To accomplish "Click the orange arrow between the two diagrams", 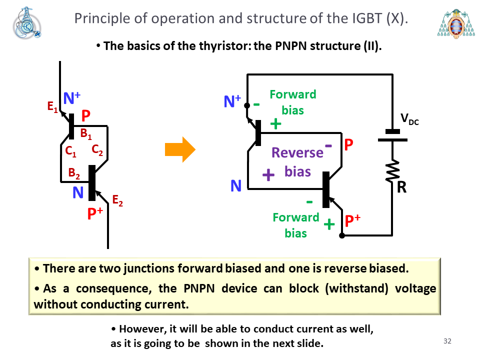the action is [x=180, y=149].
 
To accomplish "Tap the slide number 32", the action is [x=447, y=341].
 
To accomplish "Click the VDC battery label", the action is [x=409, y=119].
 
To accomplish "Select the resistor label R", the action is [x=401, y=187].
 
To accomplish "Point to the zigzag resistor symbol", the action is [x=392, y=171].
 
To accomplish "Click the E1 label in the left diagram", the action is [x=52, y=107].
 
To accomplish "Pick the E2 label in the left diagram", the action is [x=117, y=200].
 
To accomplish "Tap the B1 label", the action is [x=86, y=134].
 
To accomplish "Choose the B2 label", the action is [x=74, y=173].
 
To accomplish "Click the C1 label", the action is [x=70, y=151].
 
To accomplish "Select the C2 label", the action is [x=97, y=149].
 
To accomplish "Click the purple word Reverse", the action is [x=297, y=152].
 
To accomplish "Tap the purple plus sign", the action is [x=268, y=175].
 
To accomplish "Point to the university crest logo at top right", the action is [x=456, y=24].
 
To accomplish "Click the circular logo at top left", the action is [x=27, y=23].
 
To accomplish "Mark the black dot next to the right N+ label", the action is [x=247, y=105].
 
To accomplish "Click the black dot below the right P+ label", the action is [x=342, y=235].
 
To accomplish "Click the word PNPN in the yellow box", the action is [x=199, y=288].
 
